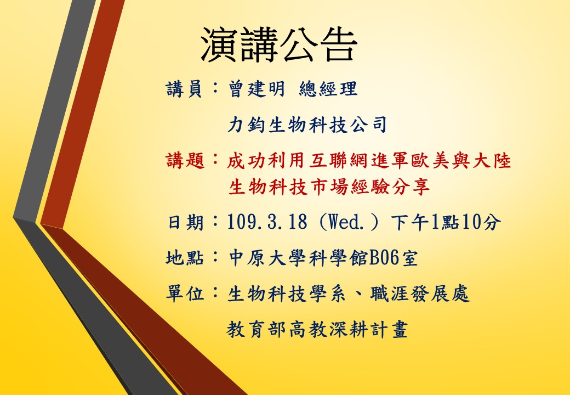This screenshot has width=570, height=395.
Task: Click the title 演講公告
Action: click(x=279, y=44)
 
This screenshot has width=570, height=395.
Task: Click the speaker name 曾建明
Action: click(x=256, y=89)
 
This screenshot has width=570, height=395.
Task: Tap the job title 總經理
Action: click(x=328, y=89)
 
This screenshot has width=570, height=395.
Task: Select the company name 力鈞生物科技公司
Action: click(x=307, y=125)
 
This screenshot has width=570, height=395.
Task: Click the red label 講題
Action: click(x=186, y=160)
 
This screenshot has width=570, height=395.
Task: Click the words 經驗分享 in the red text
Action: click(x=389, y=187)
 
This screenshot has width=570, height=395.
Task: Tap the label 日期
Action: click(x=185, y=222)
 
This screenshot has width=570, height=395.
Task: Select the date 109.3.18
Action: click(x=267, y=222)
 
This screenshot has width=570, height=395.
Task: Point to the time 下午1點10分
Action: click(x=446, y=222)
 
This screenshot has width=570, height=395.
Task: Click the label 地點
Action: click(x=185, y=258)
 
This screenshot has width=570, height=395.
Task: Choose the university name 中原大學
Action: click(x=267, y=258)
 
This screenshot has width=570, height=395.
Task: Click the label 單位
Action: click(x=185, y=294)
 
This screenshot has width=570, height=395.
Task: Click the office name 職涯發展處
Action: click(x=420, y=294)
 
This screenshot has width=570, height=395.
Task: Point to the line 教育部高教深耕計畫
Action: click(x=317, y=329)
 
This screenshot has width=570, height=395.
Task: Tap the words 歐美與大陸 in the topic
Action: click(x=461, y=160)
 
